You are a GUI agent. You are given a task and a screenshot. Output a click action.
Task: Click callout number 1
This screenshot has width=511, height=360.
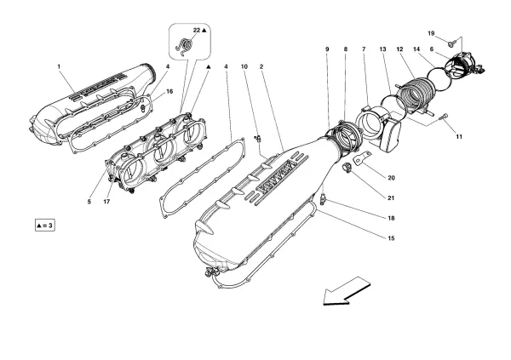click(x=59, y=66)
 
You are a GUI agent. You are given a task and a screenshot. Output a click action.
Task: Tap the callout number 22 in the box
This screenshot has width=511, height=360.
click(x=195, y=31)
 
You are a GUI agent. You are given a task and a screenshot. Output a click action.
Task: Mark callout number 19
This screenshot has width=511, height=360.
click(x=432, y=33)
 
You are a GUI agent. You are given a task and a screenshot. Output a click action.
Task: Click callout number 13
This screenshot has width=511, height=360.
click(x=384, y=50)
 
